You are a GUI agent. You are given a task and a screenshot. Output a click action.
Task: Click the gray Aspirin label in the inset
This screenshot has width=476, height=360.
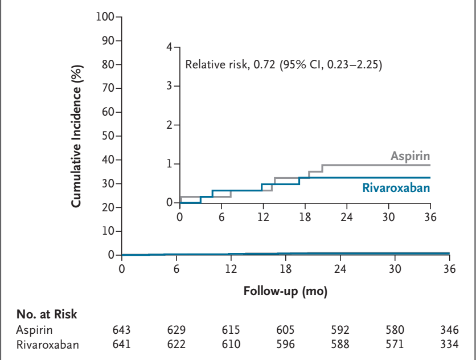click(x=410, y=156)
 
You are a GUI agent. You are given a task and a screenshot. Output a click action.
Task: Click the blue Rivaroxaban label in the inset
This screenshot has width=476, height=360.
click(x=396, y=187)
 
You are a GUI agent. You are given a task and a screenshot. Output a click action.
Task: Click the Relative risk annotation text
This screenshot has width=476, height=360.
click(x=284, y=64)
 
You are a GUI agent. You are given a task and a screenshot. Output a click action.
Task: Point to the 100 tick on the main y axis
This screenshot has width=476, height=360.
click(x=106, y=17)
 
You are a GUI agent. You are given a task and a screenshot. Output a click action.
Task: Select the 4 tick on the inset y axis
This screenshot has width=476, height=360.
click(x=169, y=47)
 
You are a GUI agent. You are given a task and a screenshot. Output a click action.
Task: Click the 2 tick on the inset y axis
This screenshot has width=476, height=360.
click(x=169, y=125)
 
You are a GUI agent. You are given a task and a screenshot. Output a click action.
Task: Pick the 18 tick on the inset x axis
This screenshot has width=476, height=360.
click(x=305, y=216)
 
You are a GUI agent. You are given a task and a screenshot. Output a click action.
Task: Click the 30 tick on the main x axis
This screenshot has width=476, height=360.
click(x=395, y=269)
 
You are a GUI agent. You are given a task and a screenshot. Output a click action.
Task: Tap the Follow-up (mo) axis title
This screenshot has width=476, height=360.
click(x=285, y=291)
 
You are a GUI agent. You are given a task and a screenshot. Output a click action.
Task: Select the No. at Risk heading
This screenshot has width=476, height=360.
click(x=46, y=314)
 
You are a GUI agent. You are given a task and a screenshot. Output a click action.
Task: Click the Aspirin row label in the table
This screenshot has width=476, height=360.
click(x=31, y=329)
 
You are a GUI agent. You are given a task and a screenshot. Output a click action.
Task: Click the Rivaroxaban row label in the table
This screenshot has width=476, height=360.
click(x=40, y=344)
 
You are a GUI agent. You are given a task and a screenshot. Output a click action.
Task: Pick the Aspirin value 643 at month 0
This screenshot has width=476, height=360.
click(x=122, y=329)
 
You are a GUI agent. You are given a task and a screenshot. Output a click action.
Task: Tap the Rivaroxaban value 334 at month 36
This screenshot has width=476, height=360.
click(x=449, y=344)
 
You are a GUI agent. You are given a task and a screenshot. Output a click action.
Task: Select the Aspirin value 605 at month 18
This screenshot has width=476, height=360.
click(x=285, y=329)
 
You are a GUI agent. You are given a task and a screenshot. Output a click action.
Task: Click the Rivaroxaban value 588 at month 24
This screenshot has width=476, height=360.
click(x=340, y=344)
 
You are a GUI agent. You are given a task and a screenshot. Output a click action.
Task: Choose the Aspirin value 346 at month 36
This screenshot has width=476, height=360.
click(x=449, y=329)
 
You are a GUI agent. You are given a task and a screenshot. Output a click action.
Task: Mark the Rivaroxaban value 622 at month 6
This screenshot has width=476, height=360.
click(x=177, y=344)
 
